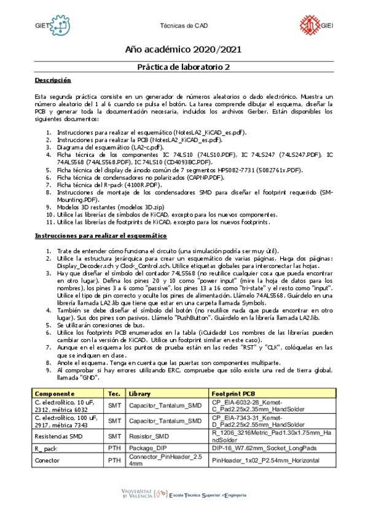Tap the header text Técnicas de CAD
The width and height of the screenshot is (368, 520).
(x=183, y=26)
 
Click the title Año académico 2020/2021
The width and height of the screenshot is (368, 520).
(x=184, y=49)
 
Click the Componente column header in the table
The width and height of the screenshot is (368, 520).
(x=55, y=393)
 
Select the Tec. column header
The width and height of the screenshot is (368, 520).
(x=114, y=393)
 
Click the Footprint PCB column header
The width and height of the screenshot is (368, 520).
(x=233, y=393)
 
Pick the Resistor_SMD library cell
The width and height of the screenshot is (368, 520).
(x=149, y=437)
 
